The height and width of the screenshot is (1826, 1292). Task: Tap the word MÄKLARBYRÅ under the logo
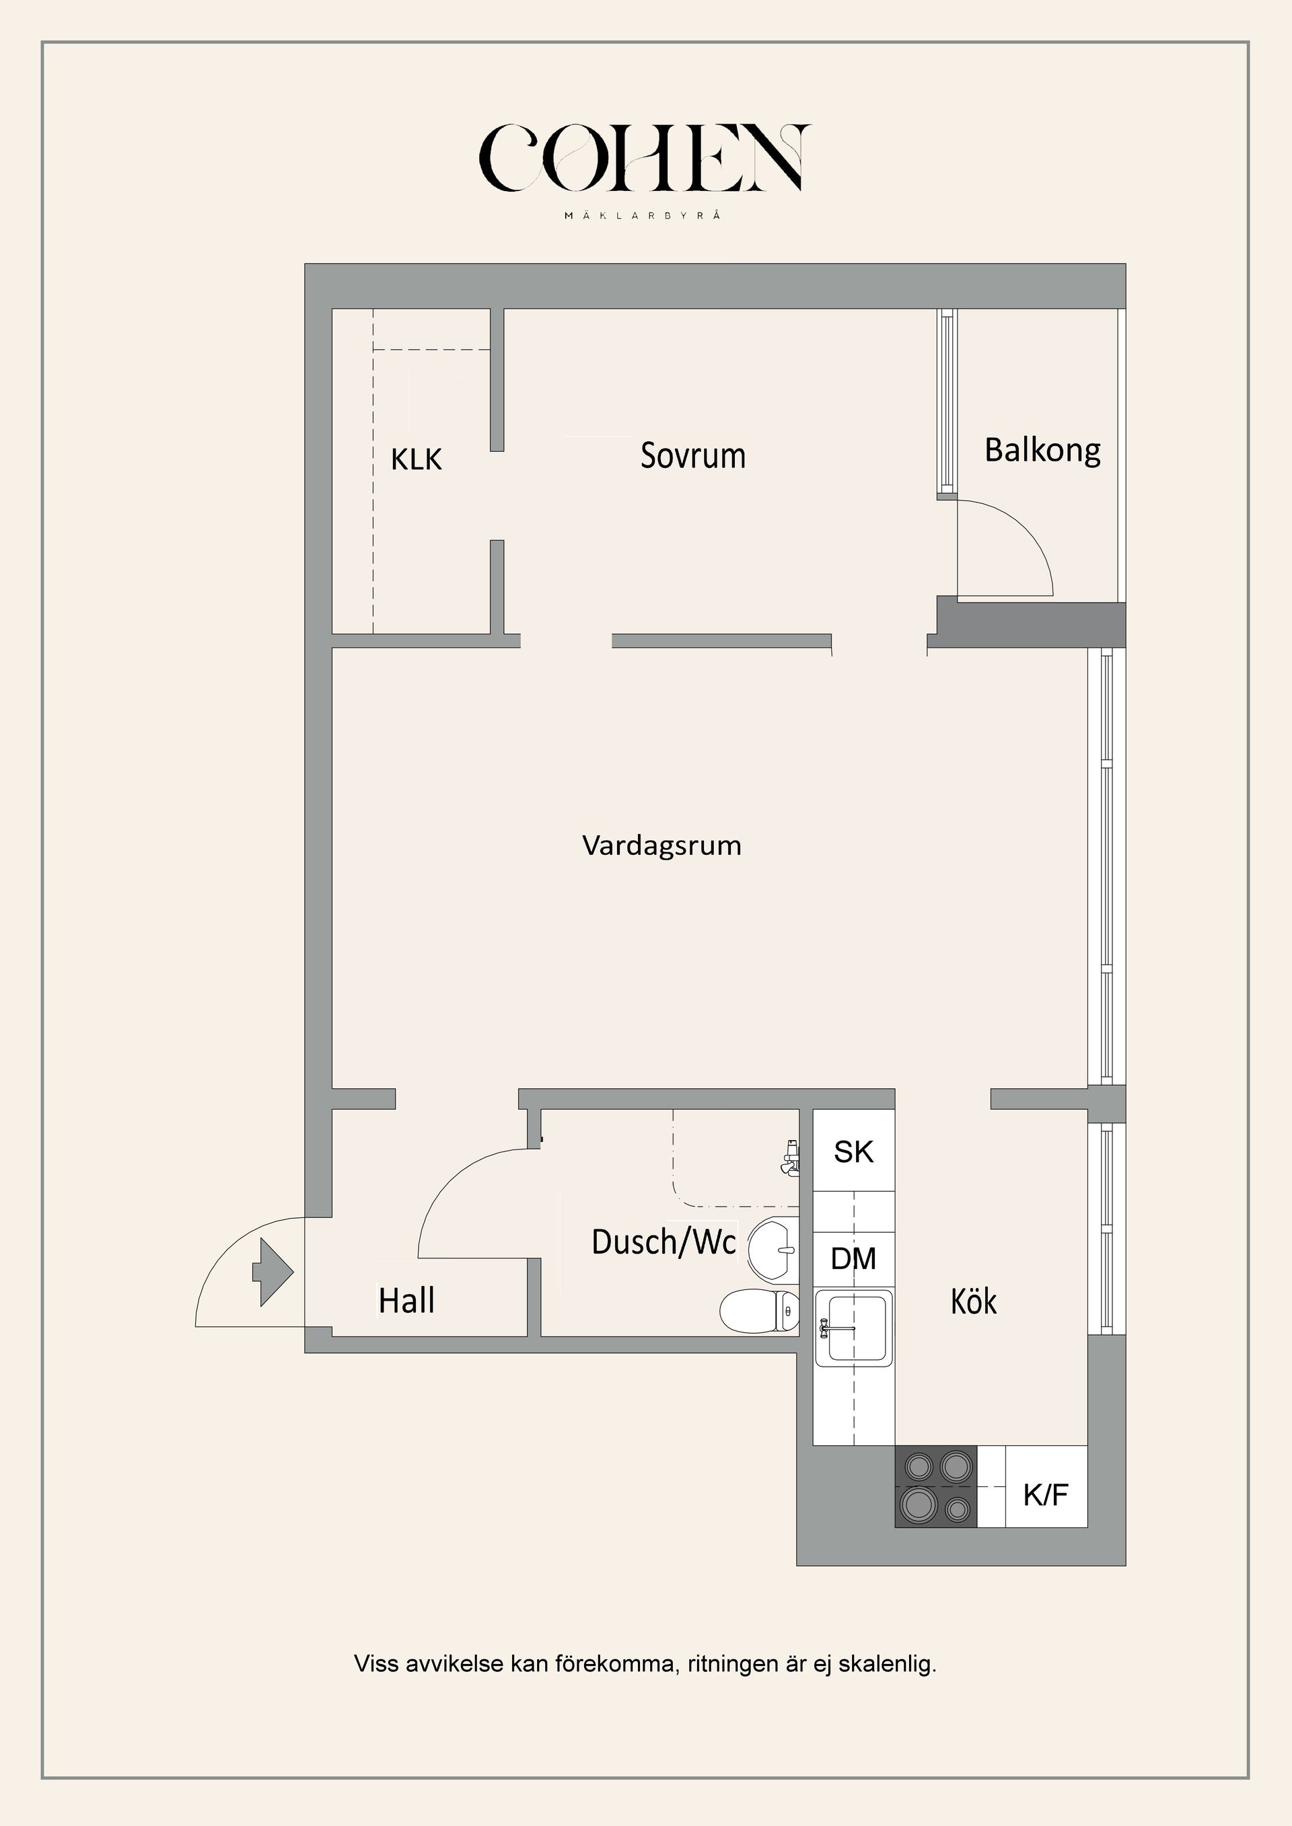pyautogui.click(x=643, y=215)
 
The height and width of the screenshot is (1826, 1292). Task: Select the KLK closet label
pyautogui.click(x=416, y=459)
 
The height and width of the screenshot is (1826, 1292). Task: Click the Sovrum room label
pyautogui.click(x=693, y=456)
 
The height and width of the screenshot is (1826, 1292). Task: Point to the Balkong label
pyautogui.click(x=1042, y=451)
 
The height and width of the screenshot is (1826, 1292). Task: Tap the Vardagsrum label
pyautogui.click(x=662, y=845)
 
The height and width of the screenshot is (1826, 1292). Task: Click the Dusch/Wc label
pyautogui.click(x=663, y=1242)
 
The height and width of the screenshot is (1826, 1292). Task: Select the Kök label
pyautogui.click(x=974, y=1301)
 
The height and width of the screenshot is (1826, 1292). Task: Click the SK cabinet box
pyautogui.click(x=854, y=1151)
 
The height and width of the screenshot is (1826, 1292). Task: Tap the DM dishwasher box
pyautogui.click(x=854, y=1259)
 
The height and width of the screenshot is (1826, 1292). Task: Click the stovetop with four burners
pyautogui.click(x=935, y=1486)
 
